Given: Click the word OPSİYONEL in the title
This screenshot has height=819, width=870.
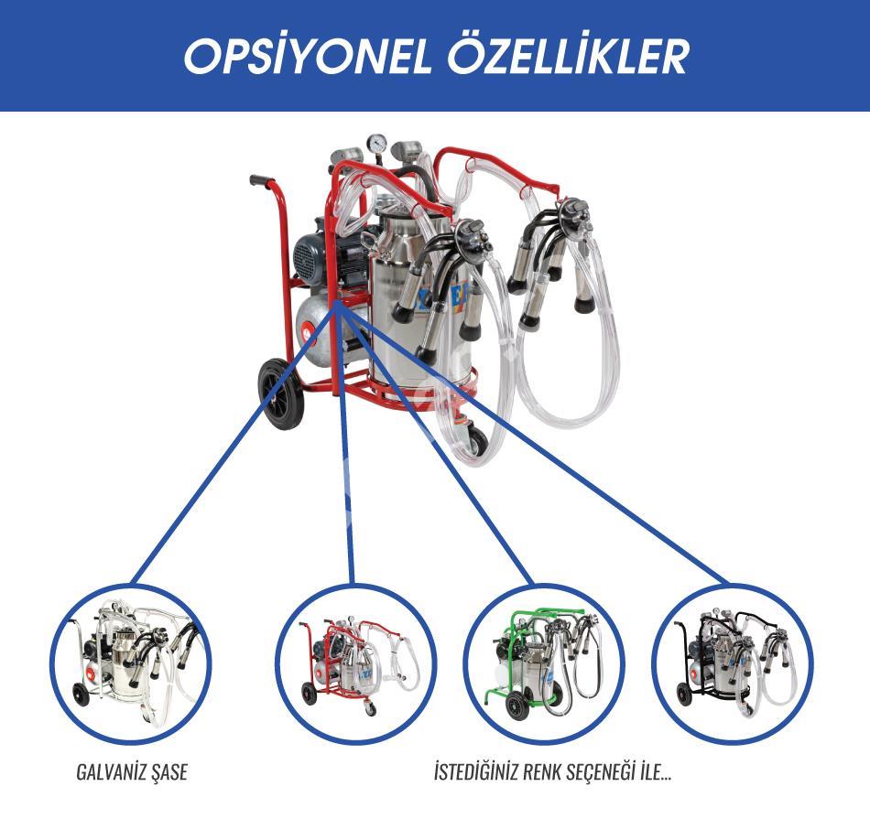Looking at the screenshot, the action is click(x=308, y=56).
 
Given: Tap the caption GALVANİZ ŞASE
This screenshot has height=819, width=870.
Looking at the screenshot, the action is click(x=132, y=771).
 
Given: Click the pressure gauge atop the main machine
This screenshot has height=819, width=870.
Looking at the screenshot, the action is click(x=377, y=143).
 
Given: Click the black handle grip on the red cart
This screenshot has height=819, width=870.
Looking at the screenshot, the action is click(x=261, y=180).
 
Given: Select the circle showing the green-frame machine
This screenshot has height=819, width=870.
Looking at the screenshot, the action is click(x=544, y=664).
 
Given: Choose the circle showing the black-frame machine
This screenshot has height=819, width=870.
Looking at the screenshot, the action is click(x=733, y=664).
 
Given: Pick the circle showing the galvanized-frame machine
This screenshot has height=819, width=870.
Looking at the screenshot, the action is click(x=131, y=664).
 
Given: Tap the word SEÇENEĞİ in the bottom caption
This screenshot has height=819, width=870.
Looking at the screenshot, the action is click(x=612, y=771).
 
